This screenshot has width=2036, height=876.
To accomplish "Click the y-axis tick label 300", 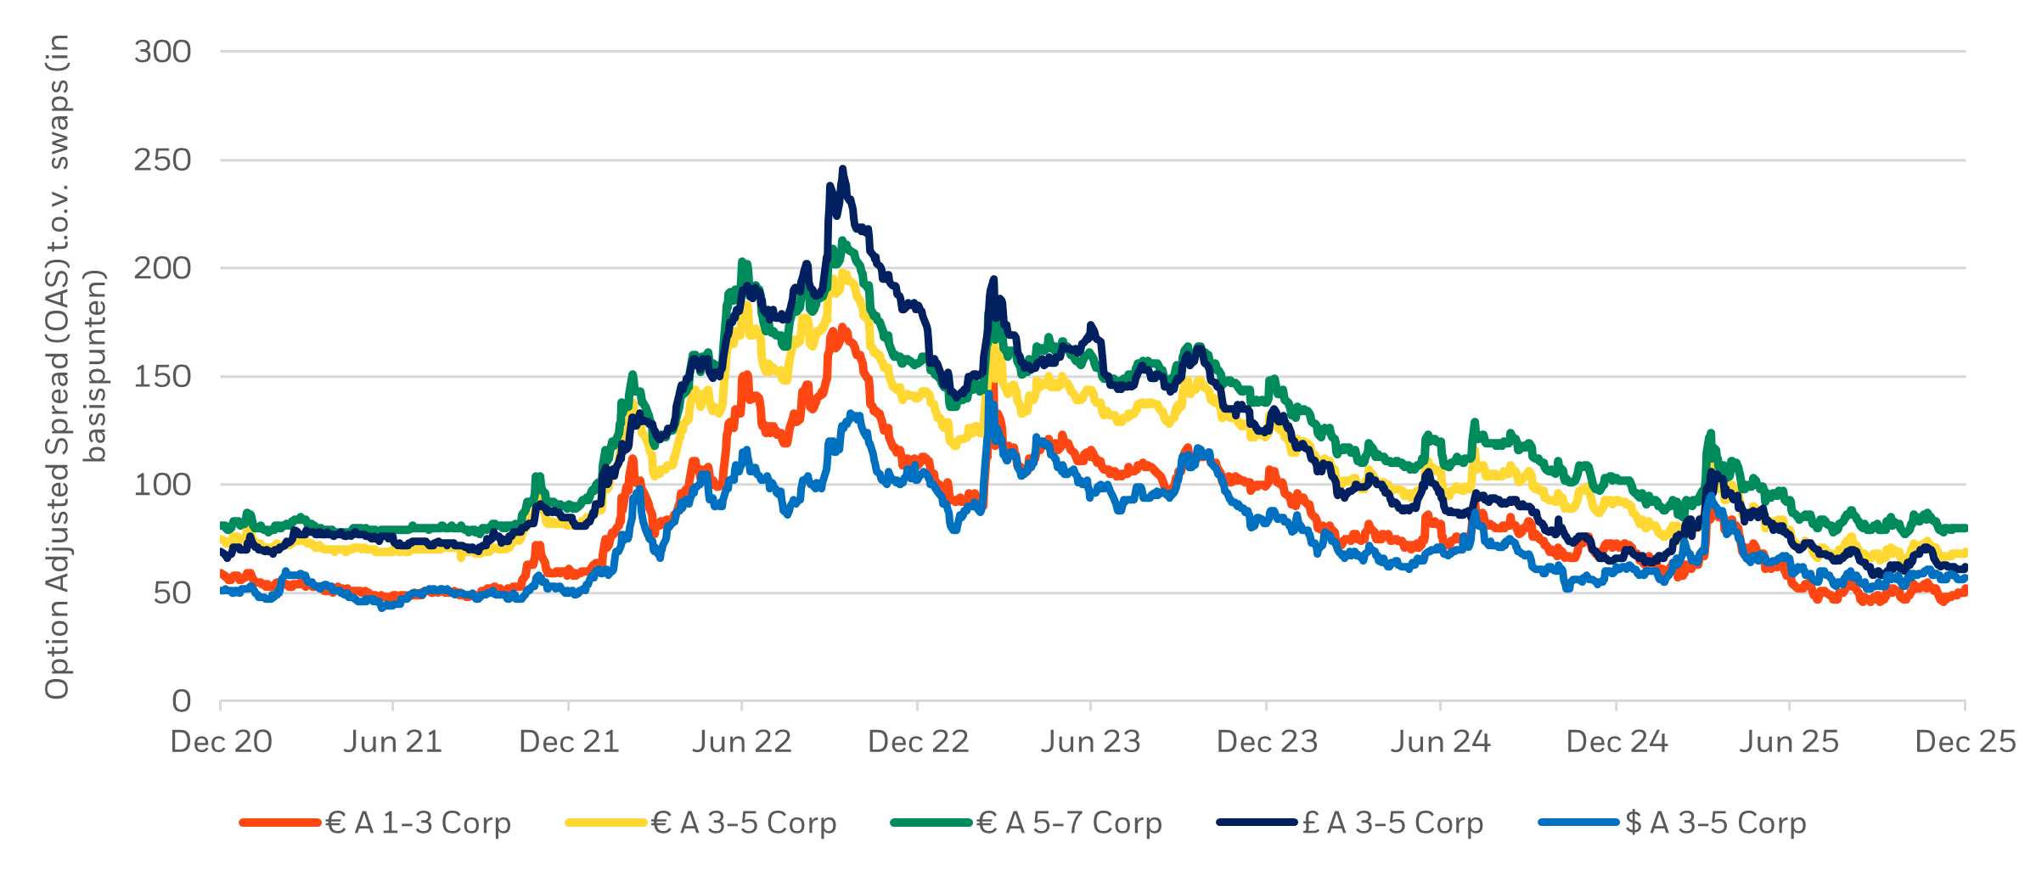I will click(162, 53).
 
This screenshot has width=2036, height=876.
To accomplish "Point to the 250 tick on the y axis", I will click(162, 160).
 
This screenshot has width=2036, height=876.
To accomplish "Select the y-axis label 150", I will click(162, 377).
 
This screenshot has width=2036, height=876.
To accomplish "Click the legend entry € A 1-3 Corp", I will click(418, 823).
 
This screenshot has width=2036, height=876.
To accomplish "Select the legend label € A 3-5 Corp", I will click(744, 823).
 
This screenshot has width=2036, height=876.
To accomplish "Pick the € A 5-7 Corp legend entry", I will click(1069, 823).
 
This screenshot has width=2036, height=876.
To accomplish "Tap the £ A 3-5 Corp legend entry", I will click(1392, 823).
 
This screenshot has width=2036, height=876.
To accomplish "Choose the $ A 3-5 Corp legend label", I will click(1715, 823).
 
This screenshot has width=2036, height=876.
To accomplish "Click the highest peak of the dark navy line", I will click(842, 169).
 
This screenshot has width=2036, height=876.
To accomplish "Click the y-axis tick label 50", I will click(172, 593).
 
